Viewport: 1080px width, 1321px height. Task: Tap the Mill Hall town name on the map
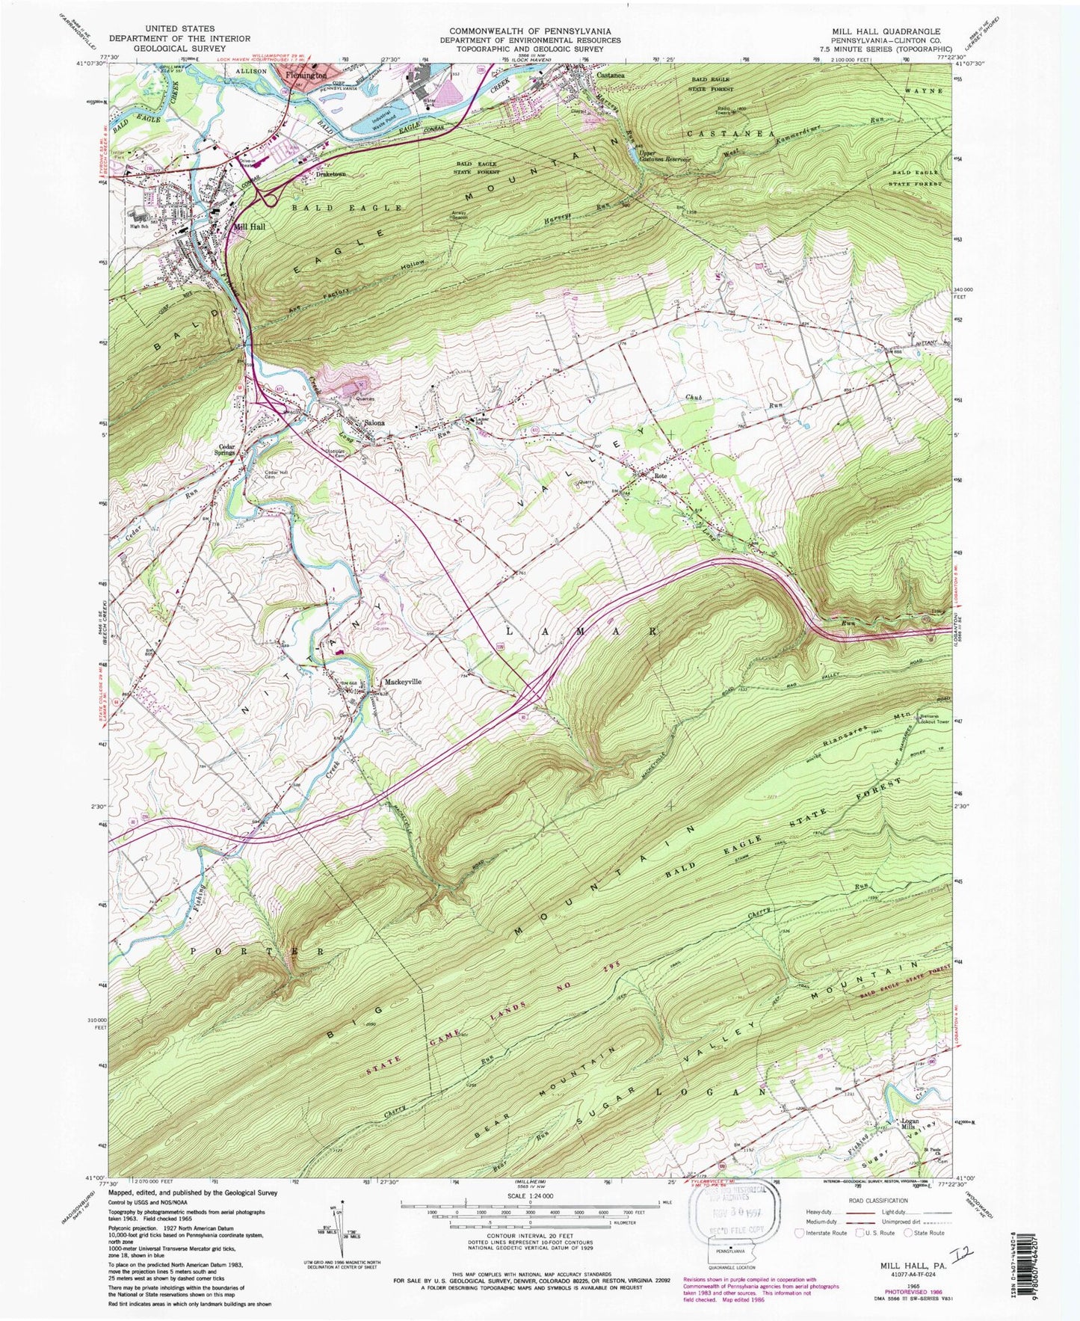coord(251,227)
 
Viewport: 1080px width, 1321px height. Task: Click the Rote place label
coord(660,476)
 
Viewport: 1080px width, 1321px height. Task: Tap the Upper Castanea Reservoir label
coord(662,155)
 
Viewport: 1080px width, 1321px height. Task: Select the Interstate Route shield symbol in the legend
coord(800,1233)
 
